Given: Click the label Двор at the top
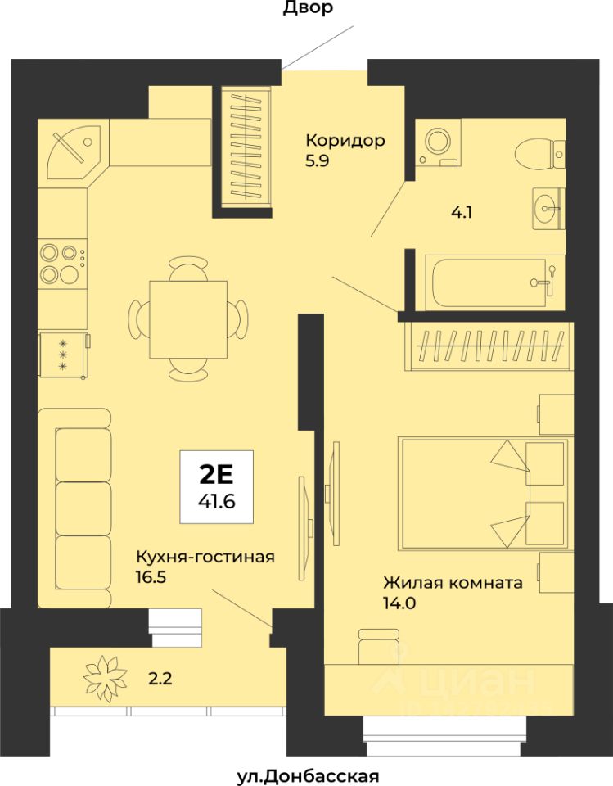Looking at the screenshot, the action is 308,8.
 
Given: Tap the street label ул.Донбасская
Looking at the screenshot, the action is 308,776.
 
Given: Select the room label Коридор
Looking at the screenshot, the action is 345,140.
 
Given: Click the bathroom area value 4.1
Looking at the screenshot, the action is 462,213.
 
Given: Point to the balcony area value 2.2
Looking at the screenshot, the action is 160,679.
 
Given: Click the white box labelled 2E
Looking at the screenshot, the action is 217,486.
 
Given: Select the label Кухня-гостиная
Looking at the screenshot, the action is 205,557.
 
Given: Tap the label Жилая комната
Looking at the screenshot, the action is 453,583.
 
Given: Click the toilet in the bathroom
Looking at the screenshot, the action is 540,151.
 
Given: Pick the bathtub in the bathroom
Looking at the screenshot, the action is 494,282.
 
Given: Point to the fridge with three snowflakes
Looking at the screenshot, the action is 64,355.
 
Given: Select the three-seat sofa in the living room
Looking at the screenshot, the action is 74,508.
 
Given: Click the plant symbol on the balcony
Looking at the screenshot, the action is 106,678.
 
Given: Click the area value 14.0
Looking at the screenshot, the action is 400,603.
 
